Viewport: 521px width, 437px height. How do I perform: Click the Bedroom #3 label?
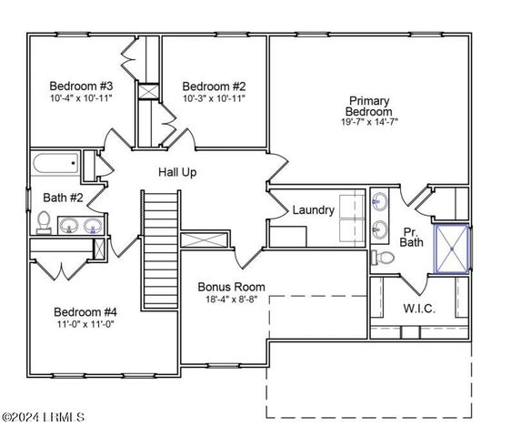pos(81,86)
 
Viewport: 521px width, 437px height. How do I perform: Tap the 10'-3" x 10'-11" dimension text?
pos(214,98)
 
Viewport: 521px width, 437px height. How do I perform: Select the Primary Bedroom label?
pos(369,107)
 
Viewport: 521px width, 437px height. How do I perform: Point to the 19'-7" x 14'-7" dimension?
pos(369,122)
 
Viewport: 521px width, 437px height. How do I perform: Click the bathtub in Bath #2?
pos(55,163)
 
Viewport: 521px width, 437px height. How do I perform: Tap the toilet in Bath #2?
pos(44,222)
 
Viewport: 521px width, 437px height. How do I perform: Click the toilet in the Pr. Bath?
pos(383,258)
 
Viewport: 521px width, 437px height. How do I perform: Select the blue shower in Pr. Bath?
pos(452,249)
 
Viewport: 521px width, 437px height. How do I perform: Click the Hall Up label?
pos(177,172)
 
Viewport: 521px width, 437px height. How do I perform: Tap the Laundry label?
pos(314,210)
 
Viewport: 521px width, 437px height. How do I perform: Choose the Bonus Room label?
pos(231,287)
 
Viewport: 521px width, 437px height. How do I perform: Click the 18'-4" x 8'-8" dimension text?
pos(232,300)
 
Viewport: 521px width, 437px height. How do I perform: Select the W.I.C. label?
pos(419,309)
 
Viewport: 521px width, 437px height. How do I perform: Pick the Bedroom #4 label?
pos(85,312)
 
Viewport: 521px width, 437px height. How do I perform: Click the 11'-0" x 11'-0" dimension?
pos(85,324)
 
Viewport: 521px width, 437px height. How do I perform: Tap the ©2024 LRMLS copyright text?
pos(43,417)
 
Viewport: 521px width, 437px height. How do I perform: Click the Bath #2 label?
pos(63,198)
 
